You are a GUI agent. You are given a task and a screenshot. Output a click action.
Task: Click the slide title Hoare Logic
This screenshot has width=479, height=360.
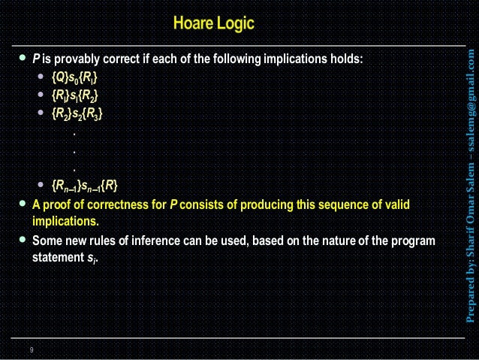(213, 24)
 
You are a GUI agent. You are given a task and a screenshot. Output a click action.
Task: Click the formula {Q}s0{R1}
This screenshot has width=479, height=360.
(74, 78)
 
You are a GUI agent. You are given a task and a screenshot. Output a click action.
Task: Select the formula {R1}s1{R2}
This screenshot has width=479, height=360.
(74, 96)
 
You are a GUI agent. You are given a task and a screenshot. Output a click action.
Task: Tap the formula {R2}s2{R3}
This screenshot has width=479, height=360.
(77, 114)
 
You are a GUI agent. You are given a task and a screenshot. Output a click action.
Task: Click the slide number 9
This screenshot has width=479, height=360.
(32, 349)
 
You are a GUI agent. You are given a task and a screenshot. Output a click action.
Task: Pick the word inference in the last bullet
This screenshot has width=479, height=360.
(178, 241)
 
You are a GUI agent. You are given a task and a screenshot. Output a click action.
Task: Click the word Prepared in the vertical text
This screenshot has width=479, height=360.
(470, 296)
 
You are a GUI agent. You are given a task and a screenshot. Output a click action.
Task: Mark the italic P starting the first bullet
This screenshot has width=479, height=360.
(35, 59)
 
